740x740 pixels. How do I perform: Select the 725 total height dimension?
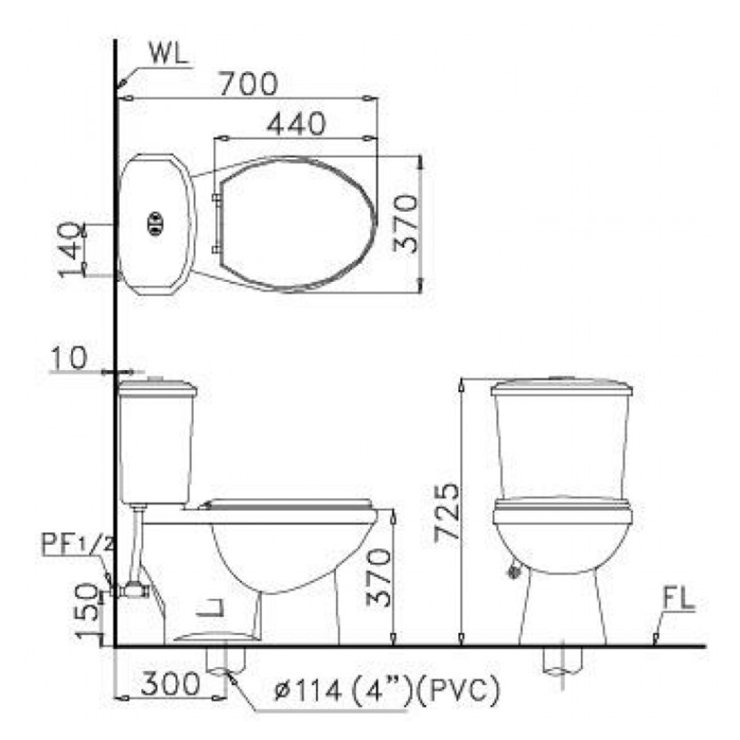pyautogui.click(x=446, y=511)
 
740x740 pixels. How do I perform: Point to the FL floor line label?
pyautogui.click(x=678, y=601)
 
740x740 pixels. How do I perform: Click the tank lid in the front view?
pyautogui.click(x=562, y=386)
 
